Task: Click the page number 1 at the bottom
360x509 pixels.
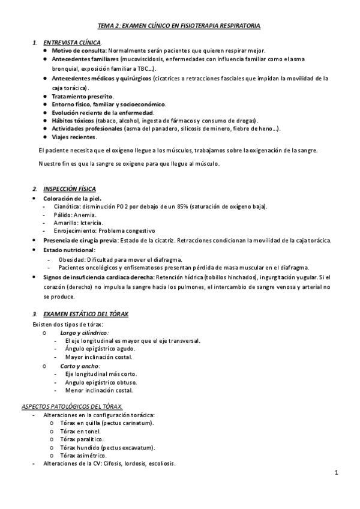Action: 337,473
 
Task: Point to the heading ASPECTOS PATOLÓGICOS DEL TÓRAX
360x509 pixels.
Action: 72,406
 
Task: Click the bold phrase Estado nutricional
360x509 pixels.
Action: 69,250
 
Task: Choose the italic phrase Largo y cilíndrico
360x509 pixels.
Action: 84,332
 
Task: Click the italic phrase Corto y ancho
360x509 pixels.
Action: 80,365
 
